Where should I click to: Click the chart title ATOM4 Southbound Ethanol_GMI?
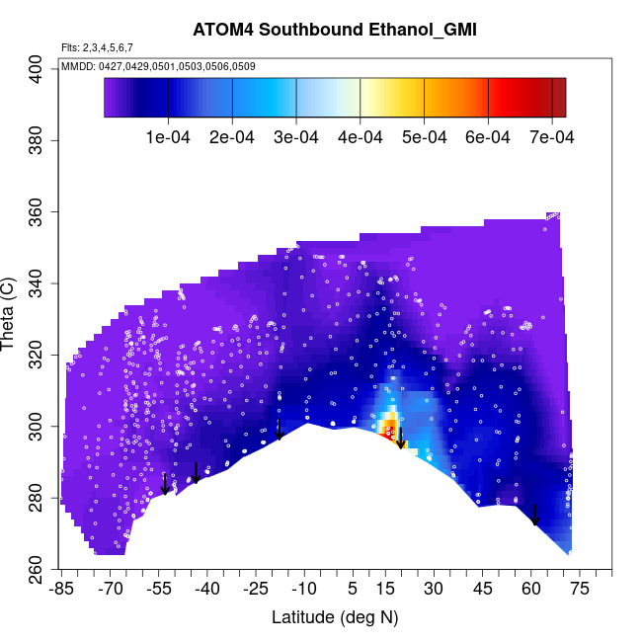(x=335, y=30)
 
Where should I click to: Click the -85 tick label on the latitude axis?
(x=61, y=590)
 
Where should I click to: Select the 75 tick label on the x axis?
(x=580, y=590)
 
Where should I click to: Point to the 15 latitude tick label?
(x=385, y=590)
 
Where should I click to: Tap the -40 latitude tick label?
(x=207, y=590)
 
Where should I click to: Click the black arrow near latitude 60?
(x=535, y=516)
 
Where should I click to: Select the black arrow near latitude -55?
(x=165, y=483)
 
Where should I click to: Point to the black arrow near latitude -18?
(x=280, y=429)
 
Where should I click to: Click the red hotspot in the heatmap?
(x=389, y=429)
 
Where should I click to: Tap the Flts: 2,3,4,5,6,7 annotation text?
(x=97, y=47)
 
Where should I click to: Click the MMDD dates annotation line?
(x=159, y=66)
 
